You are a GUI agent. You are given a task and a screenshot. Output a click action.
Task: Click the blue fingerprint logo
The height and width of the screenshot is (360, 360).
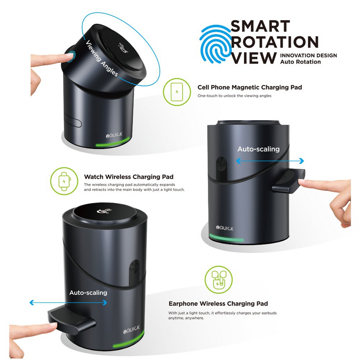point(216,44)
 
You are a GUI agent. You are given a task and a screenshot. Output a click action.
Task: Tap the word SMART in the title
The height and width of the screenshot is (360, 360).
point(261,27)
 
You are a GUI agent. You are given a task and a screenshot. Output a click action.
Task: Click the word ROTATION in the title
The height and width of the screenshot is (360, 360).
point(274,42)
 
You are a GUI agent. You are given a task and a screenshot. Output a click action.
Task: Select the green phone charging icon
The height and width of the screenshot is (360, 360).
point(177,92)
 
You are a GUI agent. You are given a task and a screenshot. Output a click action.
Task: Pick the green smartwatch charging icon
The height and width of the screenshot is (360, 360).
point(64,181)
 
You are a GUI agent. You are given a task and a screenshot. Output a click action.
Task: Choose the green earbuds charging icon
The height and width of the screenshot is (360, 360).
point(219,279)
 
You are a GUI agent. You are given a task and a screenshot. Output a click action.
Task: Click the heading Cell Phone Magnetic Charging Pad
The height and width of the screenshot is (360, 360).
point(250,87)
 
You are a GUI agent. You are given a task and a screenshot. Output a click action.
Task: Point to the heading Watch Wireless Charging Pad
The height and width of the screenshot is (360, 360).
point(129,177)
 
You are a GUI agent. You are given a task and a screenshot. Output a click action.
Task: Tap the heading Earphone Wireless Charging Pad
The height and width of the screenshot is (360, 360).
point(218,303)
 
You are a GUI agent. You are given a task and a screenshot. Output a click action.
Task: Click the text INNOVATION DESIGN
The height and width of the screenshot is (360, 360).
point(308,55)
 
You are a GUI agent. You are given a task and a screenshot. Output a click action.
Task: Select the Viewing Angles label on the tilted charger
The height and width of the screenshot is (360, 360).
point(102,58)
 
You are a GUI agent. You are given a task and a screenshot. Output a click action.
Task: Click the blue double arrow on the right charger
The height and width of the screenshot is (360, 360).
point(270,161)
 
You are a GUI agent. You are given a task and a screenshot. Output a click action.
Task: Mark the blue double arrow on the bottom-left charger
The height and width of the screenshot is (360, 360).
point(68,302)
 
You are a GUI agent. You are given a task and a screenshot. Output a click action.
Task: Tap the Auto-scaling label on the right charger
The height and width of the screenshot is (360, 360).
point(258,149)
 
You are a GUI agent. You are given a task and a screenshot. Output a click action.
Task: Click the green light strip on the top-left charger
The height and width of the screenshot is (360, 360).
point(112,142)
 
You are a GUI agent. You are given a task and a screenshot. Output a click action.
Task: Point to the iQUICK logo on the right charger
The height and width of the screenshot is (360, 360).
point(225,228)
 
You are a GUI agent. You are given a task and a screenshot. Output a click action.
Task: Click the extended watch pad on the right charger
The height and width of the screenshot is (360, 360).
point(288,181)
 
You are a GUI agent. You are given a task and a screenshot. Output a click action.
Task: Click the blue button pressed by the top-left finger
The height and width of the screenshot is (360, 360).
point(72,55)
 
